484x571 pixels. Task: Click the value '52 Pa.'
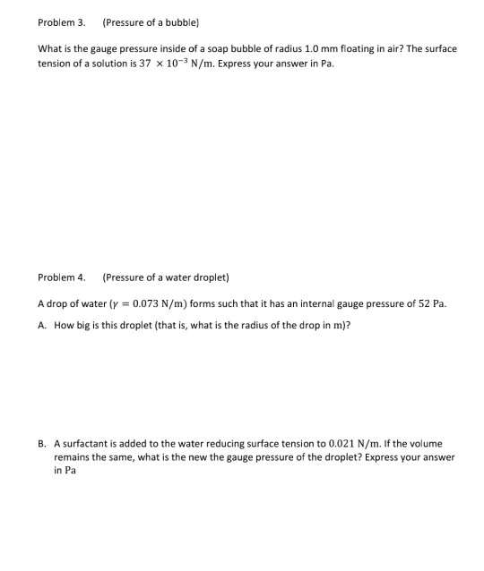click(x=429, y=303)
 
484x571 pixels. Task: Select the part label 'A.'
click(x=43, y=326)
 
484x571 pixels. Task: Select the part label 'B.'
click(x=43, y=443)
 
